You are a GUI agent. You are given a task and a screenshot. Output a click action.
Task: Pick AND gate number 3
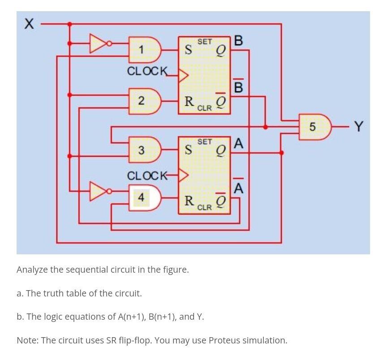144,150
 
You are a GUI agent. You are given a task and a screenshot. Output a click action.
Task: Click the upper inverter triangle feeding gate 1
99,43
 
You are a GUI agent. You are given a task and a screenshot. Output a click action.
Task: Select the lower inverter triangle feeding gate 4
99,191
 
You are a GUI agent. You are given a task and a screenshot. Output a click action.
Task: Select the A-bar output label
239,188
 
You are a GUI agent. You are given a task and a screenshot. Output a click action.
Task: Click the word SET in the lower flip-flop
204,141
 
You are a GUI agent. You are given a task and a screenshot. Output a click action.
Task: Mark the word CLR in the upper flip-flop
204,108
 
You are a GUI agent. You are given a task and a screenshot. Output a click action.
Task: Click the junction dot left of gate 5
266,127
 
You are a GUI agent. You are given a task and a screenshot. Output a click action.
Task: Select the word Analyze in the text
34,270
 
